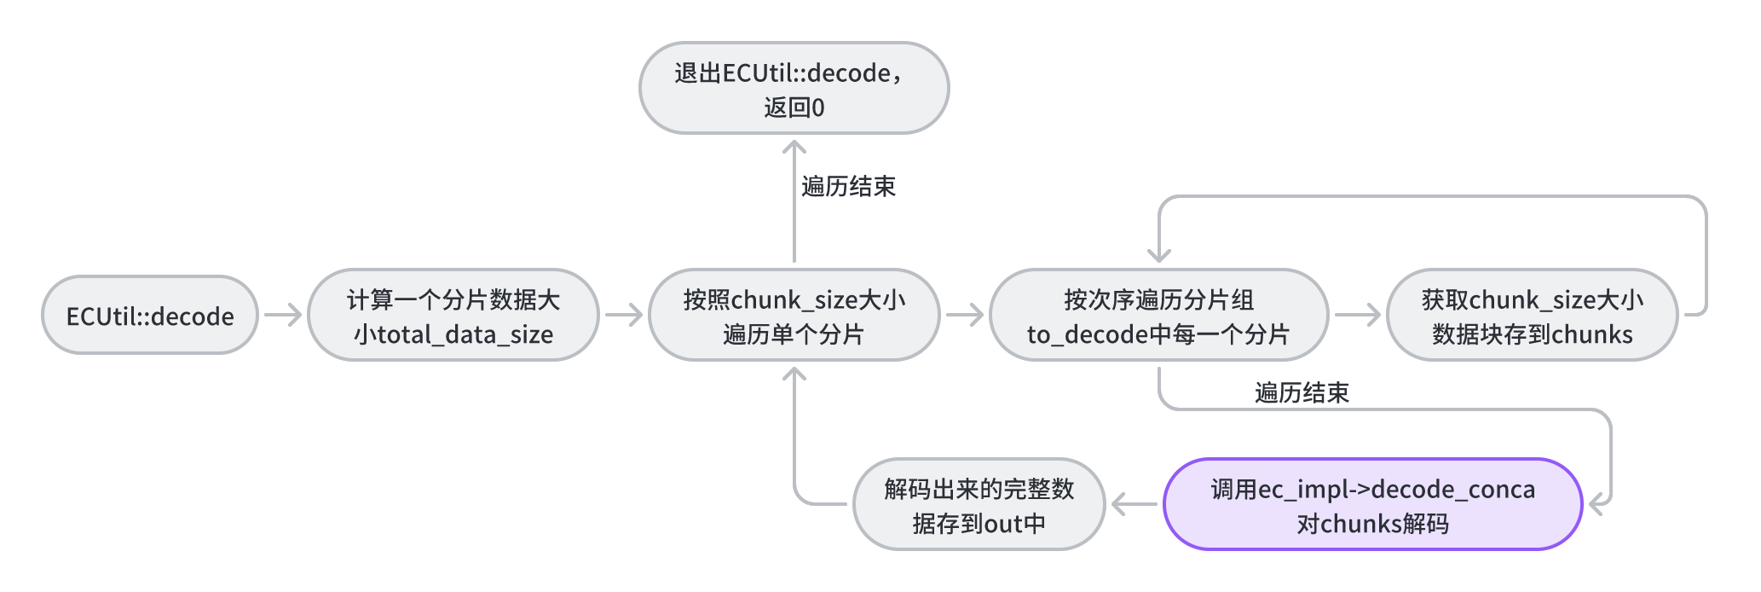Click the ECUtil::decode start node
pyautogui.click(x=150, y=316)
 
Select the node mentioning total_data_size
pyautogui.click(x=453, y=316)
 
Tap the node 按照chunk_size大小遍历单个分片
pyautogui.click(x=794, y=316)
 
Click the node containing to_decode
pyautogui.click(x=1158, y=316)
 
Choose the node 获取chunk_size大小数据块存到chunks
pyautogui.click(x=1532, y=316)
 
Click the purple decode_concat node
pyautogui.click(x=1372, y=505)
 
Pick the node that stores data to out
pyautogui.click(x=979, y=505)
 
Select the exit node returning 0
pyautogui.click(x=794, y=89)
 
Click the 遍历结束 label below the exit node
pyautogui.click(x=848, y=187)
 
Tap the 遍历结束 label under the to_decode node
pyautogui.click(x=1302, y=393)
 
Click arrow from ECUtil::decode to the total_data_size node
pyautogui.click(x=283, y=315)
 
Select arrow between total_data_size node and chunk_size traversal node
pyautogui.click(x=624, y=315)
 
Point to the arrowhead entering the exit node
pyautogui.click(x=794, y=148)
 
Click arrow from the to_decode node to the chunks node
pyautogui.click(x=1357, y=315)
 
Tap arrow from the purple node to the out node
pyautogui.click(x=1134, y=504)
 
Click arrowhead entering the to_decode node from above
pyautogui.click(x=1159, y=254)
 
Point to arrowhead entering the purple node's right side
pyautogui.click(x=1599, y=504)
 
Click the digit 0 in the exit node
pyautogui.click(x=818, y=107)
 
